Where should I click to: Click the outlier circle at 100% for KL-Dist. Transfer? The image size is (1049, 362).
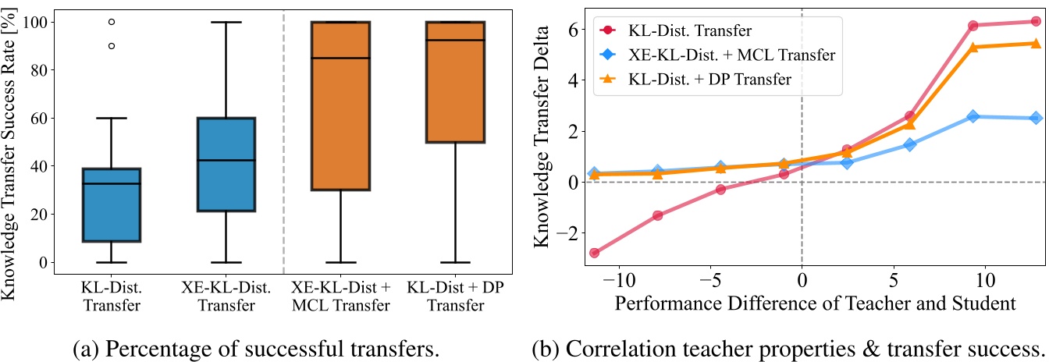click(x=112, y=22)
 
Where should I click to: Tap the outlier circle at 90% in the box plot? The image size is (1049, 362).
click(x=112, y=46)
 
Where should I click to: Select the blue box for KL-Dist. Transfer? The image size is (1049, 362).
click(x=112, y=204)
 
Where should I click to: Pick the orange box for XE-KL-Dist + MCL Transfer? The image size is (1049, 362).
click(x=340, y=105)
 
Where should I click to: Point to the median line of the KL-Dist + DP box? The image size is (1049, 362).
click(x=455, y=40)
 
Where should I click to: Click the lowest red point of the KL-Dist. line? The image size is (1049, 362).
click(x=595, y=253)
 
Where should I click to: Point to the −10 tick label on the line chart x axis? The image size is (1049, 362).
click(x=618, y=279)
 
